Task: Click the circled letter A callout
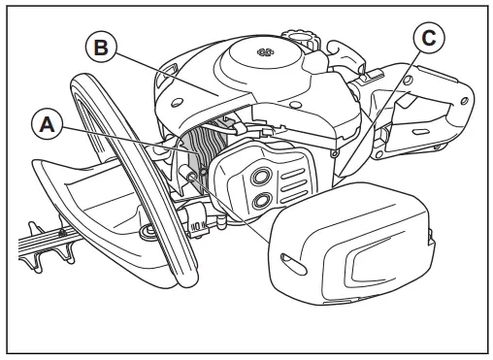coord(46,124)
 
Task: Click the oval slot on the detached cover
coord(289,257)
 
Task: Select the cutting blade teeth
coord(39,238)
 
